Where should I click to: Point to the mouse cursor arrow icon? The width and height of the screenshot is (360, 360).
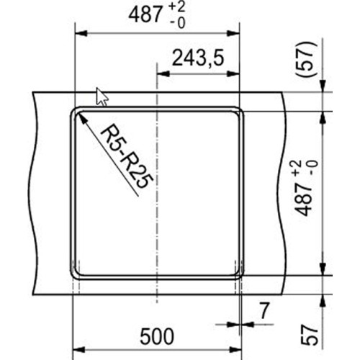click(102, 96)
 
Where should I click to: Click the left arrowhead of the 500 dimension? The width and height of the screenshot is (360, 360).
click(78, 348)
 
